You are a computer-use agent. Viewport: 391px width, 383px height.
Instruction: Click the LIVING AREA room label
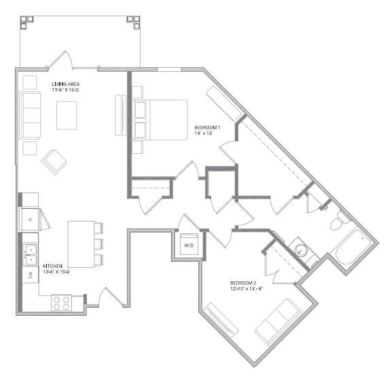[66, 84]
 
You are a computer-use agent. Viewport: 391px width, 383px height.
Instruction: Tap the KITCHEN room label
[52, 266]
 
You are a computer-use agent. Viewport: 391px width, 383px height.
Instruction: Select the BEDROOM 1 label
[207, 127]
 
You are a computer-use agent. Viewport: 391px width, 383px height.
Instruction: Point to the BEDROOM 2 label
[243, 283]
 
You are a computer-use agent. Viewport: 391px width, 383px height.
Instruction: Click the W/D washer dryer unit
[189, 244]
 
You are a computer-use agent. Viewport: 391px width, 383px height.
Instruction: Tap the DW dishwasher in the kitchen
[31, 275]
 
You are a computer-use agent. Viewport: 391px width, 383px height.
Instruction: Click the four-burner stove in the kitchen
[61, 303]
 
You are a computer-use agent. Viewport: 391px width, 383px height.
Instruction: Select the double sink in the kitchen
[30, 254]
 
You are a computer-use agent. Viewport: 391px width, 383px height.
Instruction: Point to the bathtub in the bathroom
[354, 247]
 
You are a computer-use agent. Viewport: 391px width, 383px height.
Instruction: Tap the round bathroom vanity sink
[301, 249]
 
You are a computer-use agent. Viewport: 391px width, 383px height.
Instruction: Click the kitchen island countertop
[81, 244]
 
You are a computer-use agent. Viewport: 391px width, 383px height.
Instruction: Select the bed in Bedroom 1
[160, 120]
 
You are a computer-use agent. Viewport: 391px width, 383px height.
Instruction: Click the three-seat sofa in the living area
[30, 115]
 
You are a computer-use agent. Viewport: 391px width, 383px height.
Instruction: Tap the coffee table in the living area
[67, 115]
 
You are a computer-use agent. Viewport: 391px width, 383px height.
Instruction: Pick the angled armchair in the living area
[54, 162]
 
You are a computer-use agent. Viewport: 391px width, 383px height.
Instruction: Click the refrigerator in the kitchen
[29, 220]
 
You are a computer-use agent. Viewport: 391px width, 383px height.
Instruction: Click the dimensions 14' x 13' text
[203, 134]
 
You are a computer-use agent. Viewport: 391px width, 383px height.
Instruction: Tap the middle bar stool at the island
[98, 244]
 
